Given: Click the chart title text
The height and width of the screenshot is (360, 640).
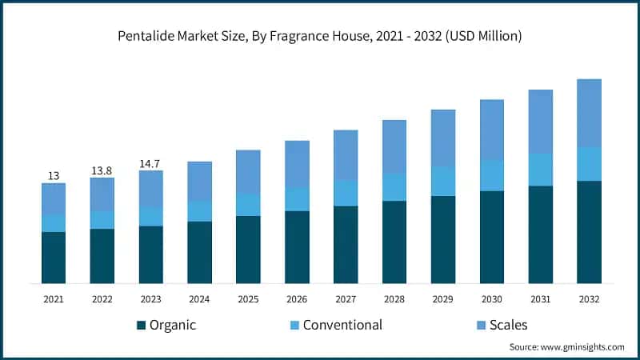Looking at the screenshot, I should tap(320, 37).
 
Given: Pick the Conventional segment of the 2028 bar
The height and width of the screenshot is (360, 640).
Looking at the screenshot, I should tap(394, 186).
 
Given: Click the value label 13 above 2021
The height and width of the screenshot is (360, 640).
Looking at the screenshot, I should tap(54, 175).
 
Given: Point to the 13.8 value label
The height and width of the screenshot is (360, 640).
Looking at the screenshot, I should tap(102, 170).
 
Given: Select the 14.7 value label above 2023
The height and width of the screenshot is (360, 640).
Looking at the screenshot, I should tap(150, 163).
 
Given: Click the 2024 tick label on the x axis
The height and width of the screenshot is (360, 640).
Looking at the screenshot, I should tap(199, 298).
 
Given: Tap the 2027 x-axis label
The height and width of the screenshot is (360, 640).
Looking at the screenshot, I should tap(346, 298).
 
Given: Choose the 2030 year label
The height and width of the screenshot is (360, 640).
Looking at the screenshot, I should tap(492, 298).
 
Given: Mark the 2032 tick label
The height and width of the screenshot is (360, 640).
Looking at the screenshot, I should tap(590, 298).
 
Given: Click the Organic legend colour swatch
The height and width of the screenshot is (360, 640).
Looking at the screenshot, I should tap(142, 325).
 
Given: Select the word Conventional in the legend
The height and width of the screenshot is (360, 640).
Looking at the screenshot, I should tap(342, 325).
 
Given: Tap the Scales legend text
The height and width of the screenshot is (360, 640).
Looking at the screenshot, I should tap(509, 325).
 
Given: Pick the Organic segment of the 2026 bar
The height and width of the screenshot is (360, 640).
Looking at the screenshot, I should tap(297, 246).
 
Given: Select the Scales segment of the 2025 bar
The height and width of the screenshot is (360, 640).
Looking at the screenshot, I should tap(248, 171).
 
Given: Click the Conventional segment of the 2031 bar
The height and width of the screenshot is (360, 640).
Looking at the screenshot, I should tap(541, 170).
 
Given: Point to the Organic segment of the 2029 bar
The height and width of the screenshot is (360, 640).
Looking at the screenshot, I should tap(443, 239).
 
